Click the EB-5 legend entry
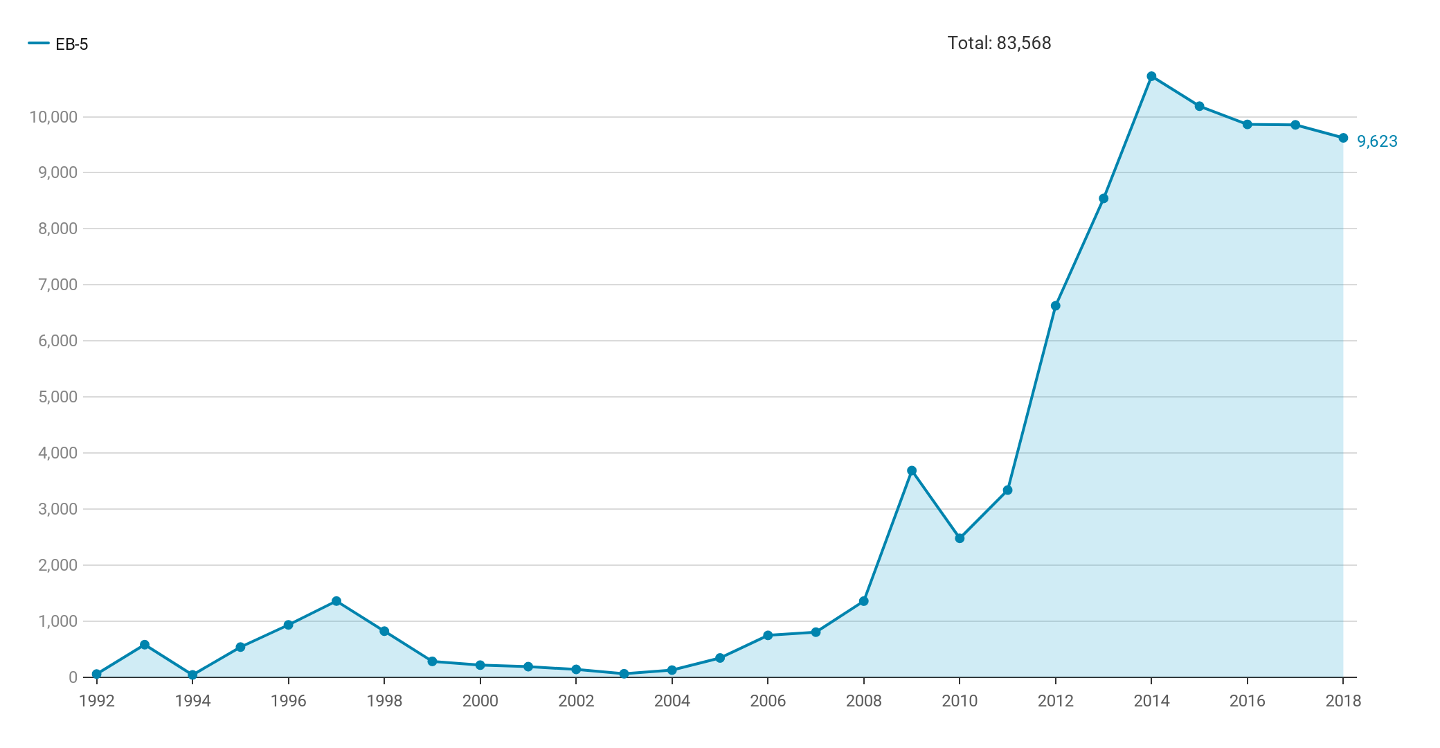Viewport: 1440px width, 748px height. click(x=59, y=44)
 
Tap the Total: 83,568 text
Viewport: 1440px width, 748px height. click(x=999, y=43)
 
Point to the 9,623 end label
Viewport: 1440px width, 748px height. click(x=1377, y=141)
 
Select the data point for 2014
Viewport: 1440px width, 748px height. click(x=1151, y=76)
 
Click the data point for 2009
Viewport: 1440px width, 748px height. click(x=912, y=471)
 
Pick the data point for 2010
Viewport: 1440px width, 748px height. click(x=960, y=538)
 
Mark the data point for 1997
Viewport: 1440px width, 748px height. click(x=336, y=601)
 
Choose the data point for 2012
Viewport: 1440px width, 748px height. click(x=1056, y=305)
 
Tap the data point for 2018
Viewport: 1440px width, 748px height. click(x=1343, y=138)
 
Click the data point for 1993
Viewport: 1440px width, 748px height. click(x=145, y=645)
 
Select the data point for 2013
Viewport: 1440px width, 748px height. click(x=1104, y=199)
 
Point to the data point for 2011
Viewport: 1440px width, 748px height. click(x=1007, y=490)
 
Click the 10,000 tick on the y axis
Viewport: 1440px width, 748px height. click(x=53, y=117)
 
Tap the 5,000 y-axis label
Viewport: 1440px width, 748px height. click(x=57, y=397)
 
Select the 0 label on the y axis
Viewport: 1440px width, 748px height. click(x=73, y=677)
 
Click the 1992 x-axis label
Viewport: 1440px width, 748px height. click(x=97, y=701)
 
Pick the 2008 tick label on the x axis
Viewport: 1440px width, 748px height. click(x=864, y=701)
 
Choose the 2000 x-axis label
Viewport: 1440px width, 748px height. click(x=480, y=701)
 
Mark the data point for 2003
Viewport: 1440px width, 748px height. click(x=624, y=674)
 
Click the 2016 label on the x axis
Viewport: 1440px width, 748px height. click(x=1248, y=701)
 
